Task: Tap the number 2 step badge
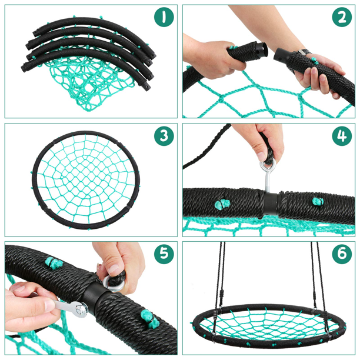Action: pyautogui.click(x=342, y=16)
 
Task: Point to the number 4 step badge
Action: pyautogui.click(x=342, y=136)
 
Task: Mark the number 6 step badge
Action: pyautogui.click(x=342, y=255)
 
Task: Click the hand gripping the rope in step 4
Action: pyautogui.click(x=259, y=141)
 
